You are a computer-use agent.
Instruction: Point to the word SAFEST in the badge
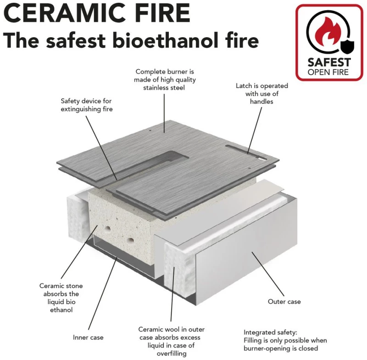(x=329, y=62)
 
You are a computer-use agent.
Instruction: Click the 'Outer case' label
(x=284, y=301)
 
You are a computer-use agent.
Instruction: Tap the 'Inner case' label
(x=88, y=338)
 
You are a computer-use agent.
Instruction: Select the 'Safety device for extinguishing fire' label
(x=86, y=105)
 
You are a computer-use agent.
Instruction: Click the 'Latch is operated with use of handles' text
(x=261, y=94)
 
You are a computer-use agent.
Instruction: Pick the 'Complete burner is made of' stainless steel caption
(x=165, y=79)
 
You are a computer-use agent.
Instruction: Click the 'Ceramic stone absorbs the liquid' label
(x=61, y=298)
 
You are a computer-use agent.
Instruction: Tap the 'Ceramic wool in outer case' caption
(x=171, y=341)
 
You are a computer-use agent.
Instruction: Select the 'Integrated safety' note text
(x=285, y=340)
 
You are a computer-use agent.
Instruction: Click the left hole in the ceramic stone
(x=108, y=228)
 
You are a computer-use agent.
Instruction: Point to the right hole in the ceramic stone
(x=130, y=240)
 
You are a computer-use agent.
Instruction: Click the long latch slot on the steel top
(x=246, y=153)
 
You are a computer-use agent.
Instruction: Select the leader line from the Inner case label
(x=103, y=293)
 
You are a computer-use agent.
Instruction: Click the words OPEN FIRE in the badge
(x=328, y=72)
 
